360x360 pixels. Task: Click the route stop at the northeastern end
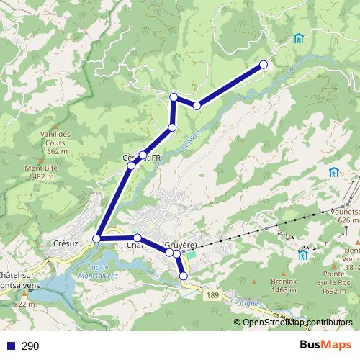point(263,65)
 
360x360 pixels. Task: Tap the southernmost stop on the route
point(183,276)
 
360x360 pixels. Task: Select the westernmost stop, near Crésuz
point(96,238)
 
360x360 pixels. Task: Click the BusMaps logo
point(325,346)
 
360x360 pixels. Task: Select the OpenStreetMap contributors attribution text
point(297,322)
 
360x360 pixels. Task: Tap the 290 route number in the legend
point(30,346)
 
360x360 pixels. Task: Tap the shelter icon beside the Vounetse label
point(334,173)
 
